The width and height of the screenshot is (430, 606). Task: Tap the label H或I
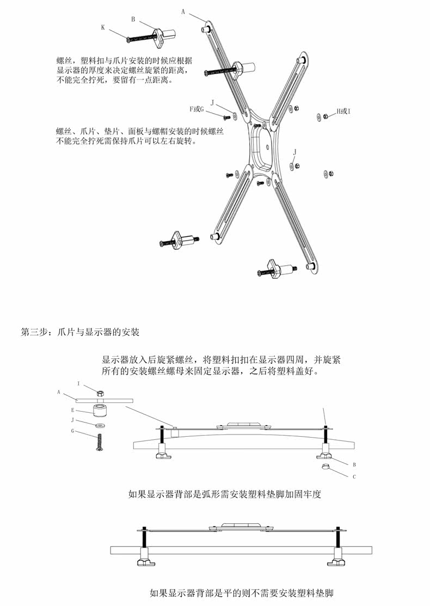click(343, 111)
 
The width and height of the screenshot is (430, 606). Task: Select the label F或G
click(196, 109)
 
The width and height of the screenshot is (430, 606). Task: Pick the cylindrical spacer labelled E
click(99, 409)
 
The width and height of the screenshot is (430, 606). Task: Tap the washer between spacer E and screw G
click(99, 424)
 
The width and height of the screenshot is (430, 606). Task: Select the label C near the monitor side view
click(354, 477)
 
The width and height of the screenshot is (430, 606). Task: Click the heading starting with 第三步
click(80, 332)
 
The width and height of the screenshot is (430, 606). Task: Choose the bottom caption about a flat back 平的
click(241, 592)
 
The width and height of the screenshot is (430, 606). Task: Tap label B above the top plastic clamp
click(133, 19)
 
